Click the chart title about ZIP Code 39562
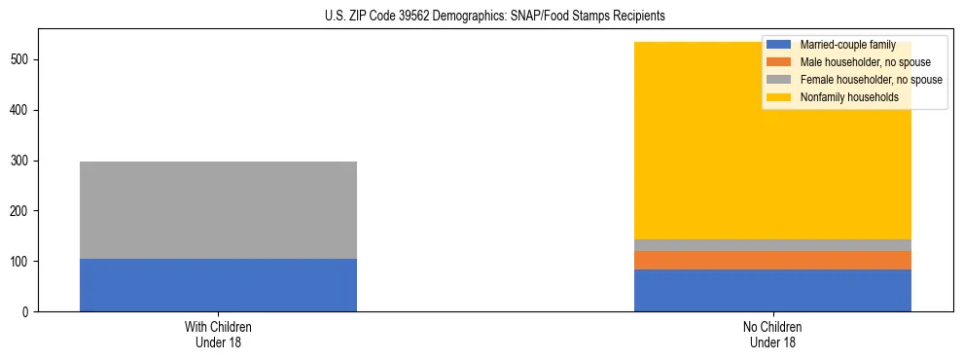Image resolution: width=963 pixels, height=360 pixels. click(x=481, y=16)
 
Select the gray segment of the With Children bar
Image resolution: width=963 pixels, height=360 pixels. click(x=218, y=210)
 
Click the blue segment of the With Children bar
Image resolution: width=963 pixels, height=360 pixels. click(x=218, y=285)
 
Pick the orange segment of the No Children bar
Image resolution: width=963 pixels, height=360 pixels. click(x=772, y=260)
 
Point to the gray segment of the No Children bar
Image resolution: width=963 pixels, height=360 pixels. click(x=772, y=245)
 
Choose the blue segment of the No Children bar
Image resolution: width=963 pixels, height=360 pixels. click(x=772, y=291)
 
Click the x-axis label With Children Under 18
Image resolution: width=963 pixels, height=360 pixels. click(x=218, y=335)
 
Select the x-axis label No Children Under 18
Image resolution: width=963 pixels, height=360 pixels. click(x=772, y=335)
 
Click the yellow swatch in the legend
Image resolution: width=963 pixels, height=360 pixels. click(x=778, y=97)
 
